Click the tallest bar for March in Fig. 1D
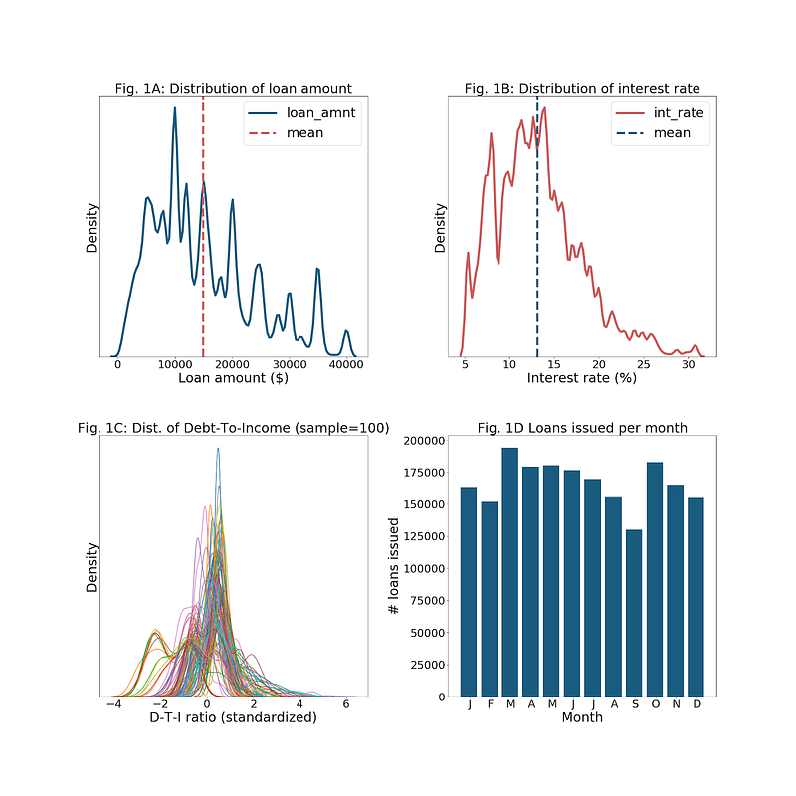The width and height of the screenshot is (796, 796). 509,571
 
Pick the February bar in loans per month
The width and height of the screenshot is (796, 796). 489,598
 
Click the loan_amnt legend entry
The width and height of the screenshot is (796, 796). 320,113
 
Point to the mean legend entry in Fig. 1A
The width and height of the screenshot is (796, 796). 304,133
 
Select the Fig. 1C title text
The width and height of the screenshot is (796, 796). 233,428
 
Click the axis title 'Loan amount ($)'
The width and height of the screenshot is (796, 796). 233,379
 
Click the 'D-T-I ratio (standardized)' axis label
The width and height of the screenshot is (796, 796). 233,717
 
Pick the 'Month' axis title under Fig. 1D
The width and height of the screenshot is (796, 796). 581,717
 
